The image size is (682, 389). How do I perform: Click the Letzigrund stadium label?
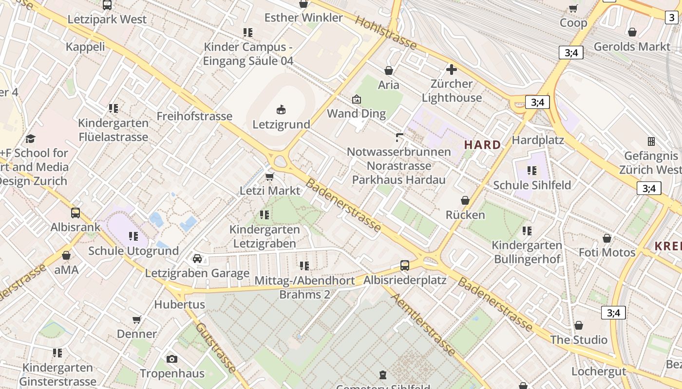pos(281,124)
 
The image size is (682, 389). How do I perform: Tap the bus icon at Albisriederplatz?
pos(405,265)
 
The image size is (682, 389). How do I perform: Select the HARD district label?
pos(482,145)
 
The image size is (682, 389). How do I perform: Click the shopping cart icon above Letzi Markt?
pos(269,177)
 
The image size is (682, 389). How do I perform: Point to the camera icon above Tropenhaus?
pos(171,359)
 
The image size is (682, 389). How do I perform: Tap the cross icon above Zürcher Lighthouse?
pos(452,70)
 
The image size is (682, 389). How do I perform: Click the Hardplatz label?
pos(538,141)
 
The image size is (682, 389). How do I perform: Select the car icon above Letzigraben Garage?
pos(197,258)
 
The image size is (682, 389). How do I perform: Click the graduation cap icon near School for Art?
pos(31,139)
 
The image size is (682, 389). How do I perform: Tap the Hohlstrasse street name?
pos(386,33)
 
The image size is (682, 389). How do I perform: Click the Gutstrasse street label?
pos(216,347)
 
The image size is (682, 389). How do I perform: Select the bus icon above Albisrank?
pos(76,212)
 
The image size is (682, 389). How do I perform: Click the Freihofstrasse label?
pos(194,116)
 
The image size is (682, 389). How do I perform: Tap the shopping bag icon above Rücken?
pos(465,200)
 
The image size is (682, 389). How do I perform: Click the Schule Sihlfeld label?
pos(532,185)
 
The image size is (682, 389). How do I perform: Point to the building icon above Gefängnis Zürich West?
pos(651,141)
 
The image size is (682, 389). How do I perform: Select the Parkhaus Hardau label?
pos(398,180)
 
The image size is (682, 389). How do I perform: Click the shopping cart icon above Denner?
pos(137,319)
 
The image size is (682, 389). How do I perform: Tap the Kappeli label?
pos(85,47)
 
